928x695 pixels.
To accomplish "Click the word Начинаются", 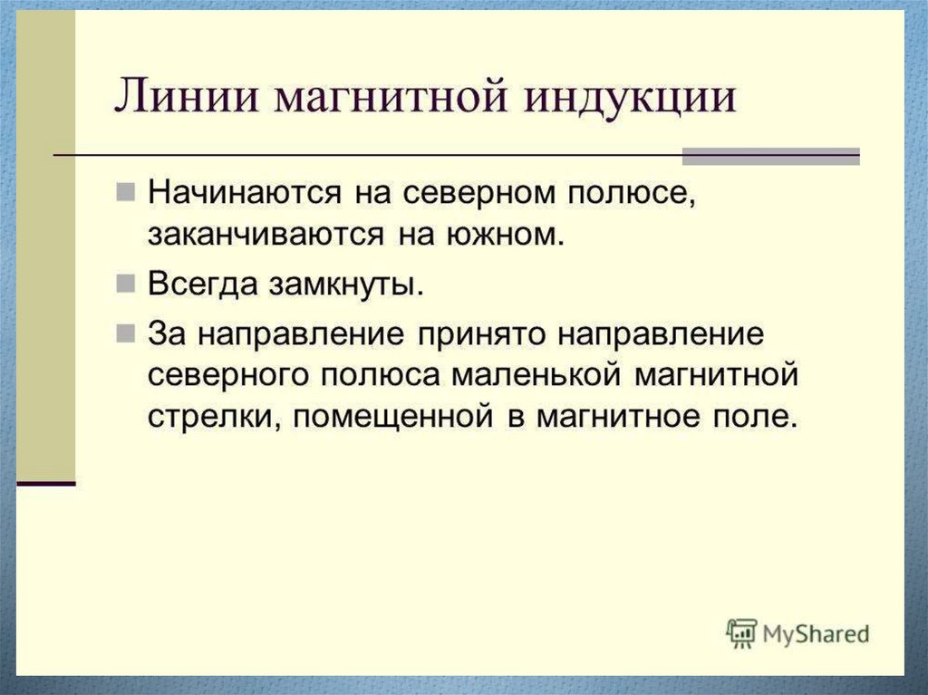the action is point(245,192).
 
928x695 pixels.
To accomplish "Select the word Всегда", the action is point(203,285).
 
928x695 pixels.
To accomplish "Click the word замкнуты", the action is point(347,285).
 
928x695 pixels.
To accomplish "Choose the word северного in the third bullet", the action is point(228,377).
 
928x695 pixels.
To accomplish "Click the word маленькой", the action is point(536,376).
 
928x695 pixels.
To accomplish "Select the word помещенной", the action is point(392,418).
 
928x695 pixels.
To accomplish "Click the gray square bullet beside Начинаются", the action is point(125,192).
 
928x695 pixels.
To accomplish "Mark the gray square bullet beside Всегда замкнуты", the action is point(125,285).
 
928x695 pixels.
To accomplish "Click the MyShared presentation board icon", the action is point(741,634).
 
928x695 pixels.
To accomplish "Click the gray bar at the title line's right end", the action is point(771,156).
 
